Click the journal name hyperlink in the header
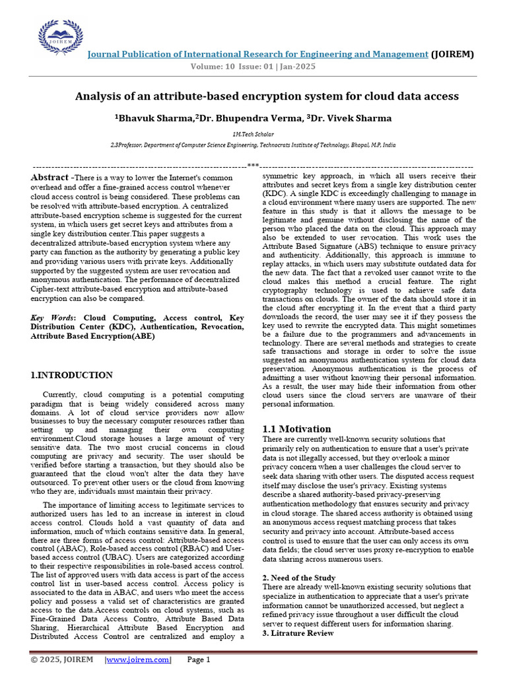coord(258,54)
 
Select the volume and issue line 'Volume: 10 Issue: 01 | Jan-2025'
coord(253,67)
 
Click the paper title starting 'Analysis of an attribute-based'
coord(266,96)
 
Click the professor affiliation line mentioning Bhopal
coord(253,144)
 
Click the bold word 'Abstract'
coord(50,178)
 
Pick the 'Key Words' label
coord(54,318)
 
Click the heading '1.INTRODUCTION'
coord(72,376)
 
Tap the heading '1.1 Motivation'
coord(297,429)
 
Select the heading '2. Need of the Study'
coord(299,578)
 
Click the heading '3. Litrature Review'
coord(298,633)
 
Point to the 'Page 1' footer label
coord(199,659)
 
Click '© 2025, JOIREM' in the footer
coord(61,659)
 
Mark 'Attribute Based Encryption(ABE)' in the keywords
coord(92,336)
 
